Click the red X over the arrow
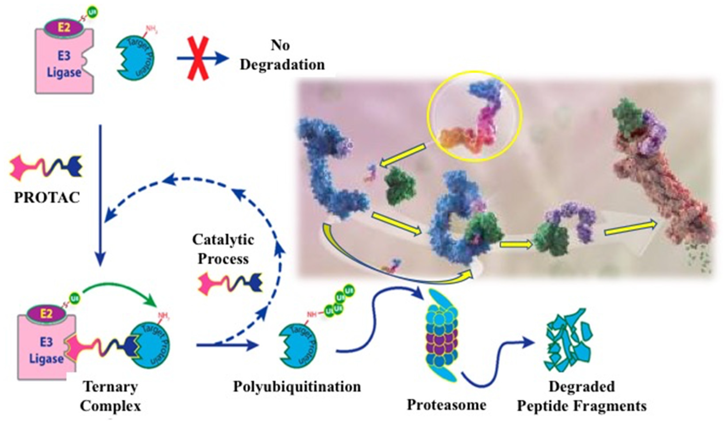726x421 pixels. click(198, 58)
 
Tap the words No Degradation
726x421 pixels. click(282, 55)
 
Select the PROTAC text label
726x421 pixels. click(47, 197)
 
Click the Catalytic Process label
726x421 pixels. click(223, 249)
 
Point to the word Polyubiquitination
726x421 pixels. click(297, 387)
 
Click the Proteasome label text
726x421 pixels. click(447, 405)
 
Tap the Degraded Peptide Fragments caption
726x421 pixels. click(582, 396)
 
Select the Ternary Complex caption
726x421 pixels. click(110, 396)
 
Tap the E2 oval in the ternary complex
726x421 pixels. click(46, 314)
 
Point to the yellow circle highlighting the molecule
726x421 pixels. click(475, 116)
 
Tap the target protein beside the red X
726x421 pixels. click(136, 58)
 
